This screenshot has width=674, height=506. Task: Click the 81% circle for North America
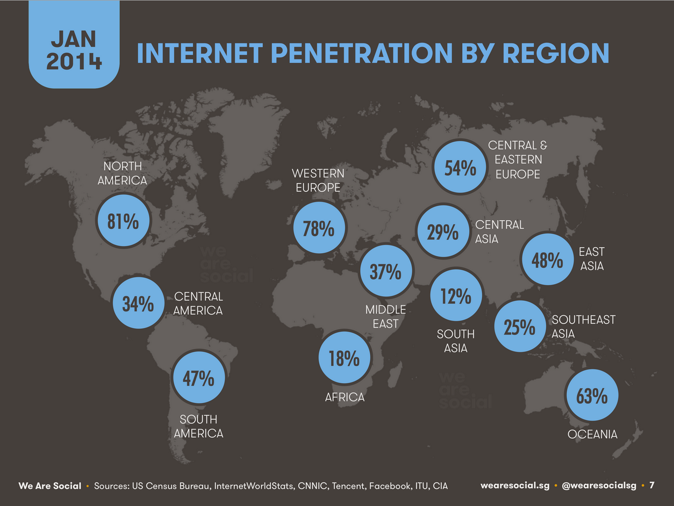124,220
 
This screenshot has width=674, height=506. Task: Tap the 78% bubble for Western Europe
319,228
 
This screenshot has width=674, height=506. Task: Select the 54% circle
460,167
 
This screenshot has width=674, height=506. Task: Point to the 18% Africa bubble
345,358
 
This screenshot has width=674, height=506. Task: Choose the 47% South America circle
199,378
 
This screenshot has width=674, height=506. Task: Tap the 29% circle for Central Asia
443,231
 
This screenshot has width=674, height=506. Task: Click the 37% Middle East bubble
386,271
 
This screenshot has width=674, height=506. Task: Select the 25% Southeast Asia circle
520,326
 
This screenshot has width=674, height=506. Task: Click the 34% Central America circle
139,303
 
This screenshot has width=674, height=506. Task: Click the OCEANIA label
592,434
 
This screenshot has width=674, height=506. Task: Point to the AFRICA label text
345,397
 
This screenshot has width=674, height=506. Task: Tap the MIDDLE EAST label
386,317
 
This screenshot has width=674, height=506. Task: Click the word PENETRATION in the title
362,53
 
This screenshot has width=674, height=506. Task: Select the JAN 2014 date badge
74,45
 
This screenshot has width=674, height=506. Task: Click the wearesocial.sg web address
515,486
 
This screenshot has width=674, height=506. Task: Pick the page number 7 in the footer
651,485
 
